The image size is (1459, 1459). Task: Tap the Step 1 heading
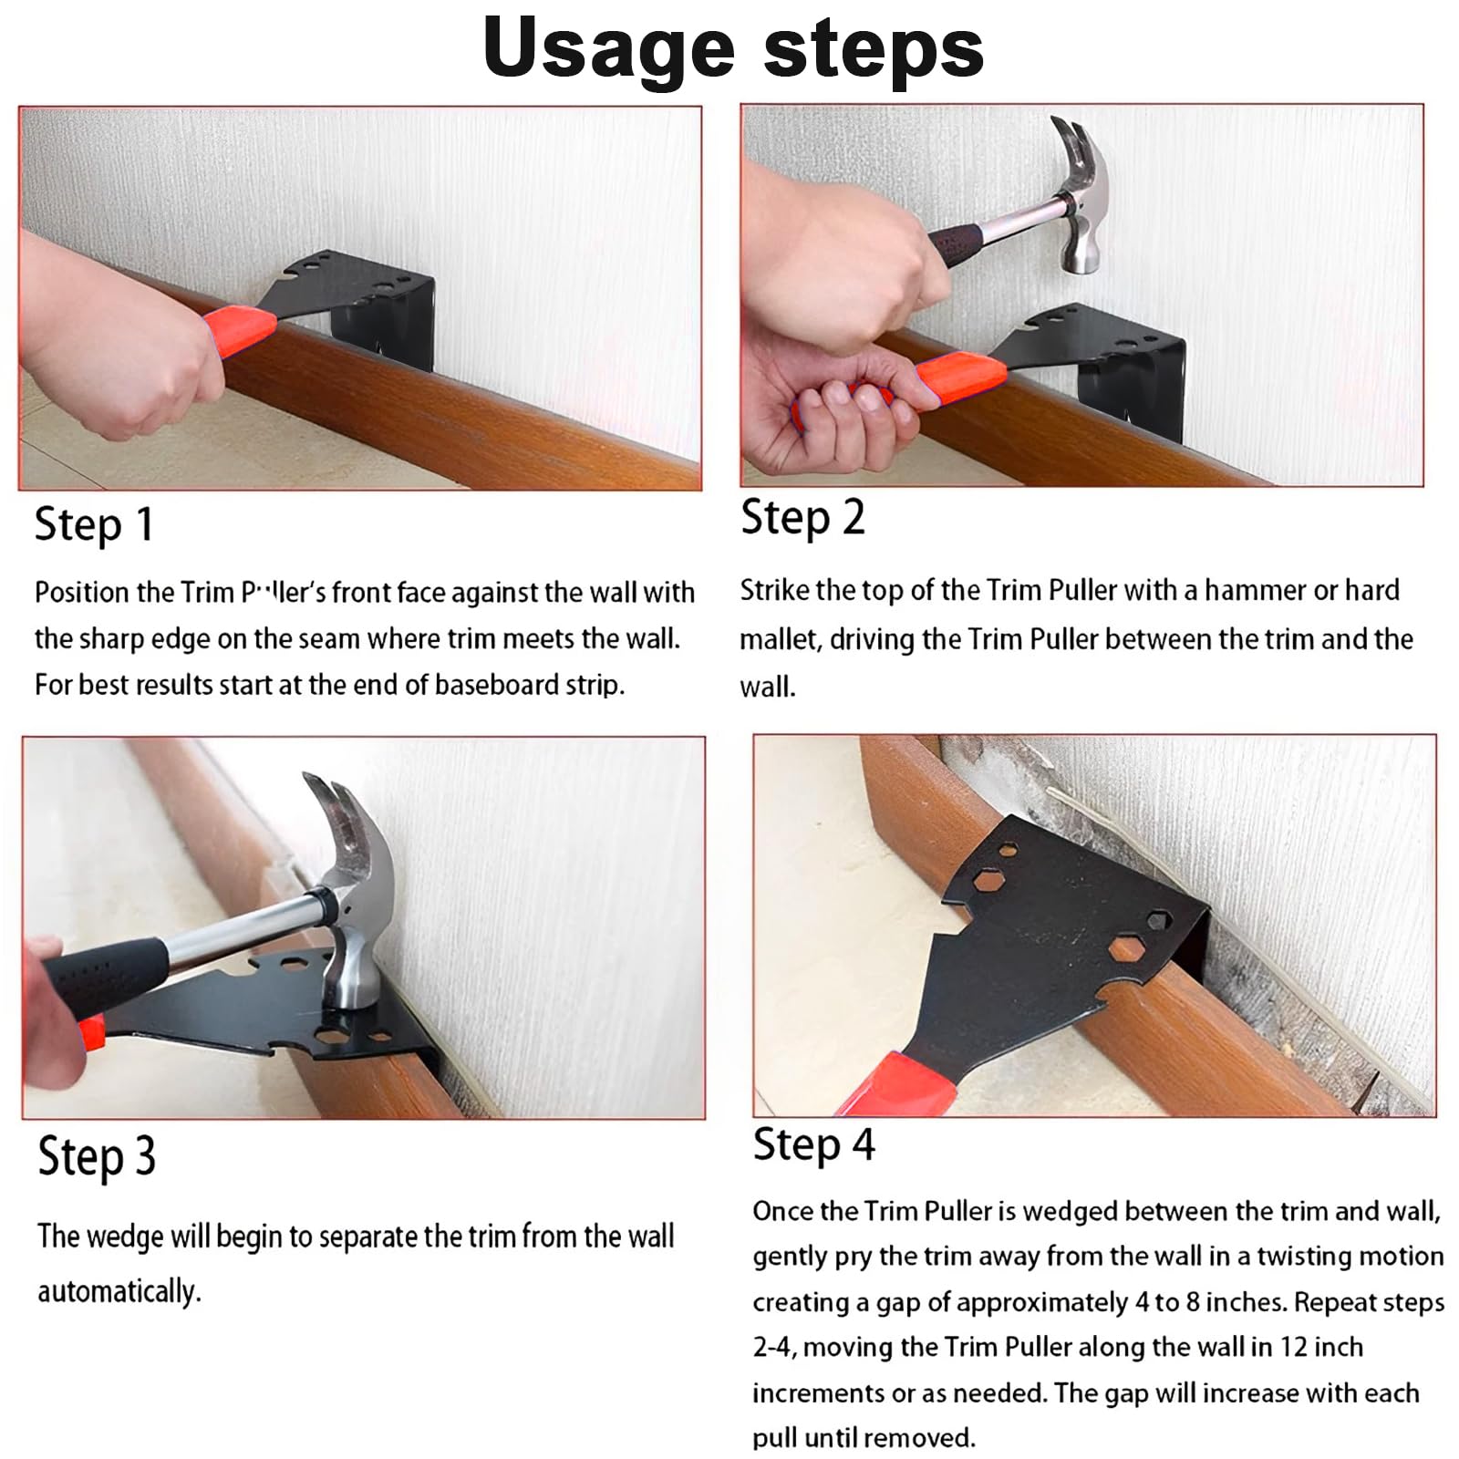click(x=94, y=526)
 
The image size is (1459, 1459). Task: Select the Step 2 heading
click(x=802, y=519)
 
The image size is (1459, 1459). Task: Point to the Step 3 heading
click(x=97, y=1157)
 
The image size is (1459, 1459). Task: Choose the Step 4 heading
click(x=813, y=1145)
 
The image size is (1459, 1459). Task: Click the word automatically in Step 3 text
click(x=119, y=1293)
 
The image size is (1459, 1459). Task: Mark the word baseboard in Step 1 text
click(x=501, y=686)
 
